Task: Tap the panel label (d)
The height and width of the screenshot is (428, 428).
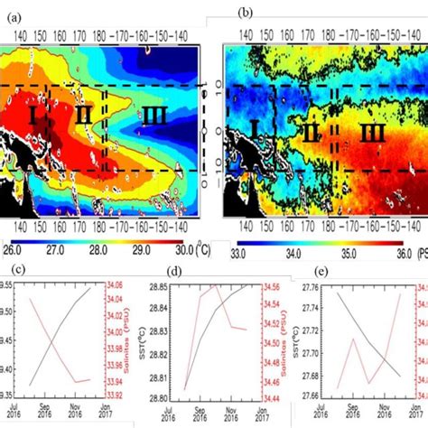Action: click(169, 270)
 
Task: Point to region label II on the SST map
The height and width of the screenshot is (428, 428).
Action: click(84, 114)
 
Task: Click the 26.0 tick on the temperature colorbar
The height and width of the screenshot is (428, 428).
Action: click(14, 246)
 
